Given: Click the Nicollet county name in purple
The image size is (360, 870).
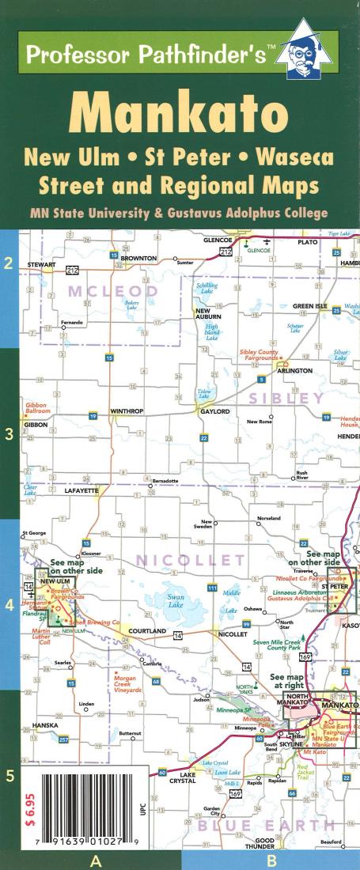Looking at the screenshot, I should [x=189, y=561].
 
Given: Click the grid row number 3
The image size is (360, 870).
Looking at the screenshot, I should [x=9, y=433].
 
